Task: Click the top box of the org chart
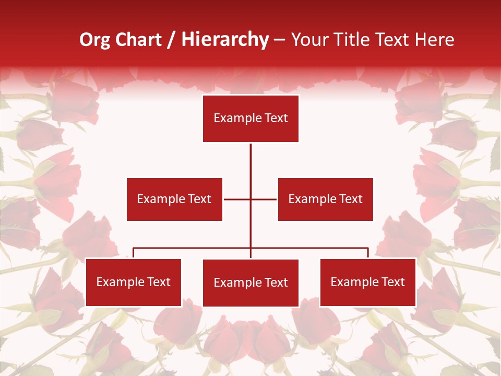tap(250, 119)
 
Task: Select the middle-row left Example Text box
tap(174, 199)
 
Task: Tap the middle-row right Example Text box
tap(325, 199)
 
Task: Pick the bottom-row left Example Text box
tap(133, 282)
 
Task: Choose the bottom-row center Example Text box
tap(250, 283)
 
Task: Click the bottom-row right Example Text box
tap(367, 282)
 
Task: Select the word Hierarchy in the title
tap(225, 40)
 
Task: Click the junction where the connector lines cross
tap(250, 199)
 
